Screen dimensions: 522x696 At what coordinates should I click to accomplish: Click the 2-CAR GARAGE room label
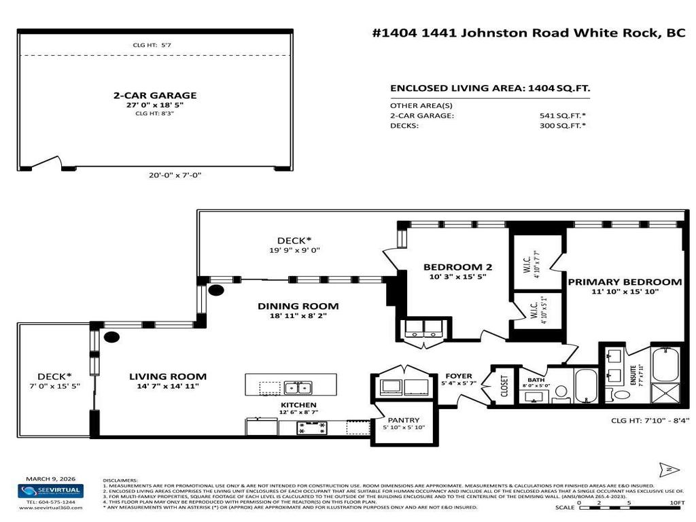pyautogui.click(x=154, y=96)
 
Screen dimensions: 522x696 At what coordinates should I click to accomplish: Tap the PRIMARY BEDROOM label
pyautogui.click(x=625, y=282)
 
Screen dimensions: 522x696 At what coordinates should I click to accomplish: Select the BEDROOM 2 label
pyautogui.click(x=457, y=267)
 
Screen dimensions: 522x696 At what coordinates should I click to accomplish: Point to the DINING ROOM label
pyautogui.click(x=298, y=307)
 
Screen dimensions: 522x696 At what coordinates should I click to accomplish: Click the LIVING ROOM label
pyautogui.click(x=168, y=377)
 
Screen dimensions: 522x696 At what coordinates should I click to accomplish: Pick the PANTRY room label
pyautogui.click(x=403, y=420)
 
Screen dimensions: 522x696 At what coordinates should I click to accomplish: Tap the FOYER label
pyautogui.click(x=459, y=377)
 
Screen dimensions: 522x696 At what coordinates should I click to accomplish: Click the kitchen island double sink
pyautogui.click(x=298, y=387)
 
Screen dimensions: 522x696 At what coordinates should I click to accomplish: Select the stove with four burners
pyautogui.click(x=312, y=428)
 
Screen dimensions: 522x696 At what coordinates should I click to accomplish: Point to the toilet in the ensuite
pyautogui.click(x=621, y=394)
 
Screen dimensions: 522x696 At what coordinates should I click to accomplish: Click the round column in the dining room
pyautogui.click(x=216, y=290)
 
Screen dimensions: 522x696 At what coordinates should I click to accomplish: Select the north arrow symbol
pyautogui.click(x=668, y=470)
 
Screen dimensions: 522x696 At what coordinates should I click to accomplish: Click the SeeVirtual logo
pyautogui.click(x=50, y=491)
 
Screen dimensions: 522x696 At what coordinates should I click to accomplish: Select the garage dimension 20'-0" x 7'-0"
pyautogui.click(x=175, y=175)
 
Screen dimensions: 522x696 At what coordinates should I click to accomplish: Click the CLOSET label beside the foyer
pyautogui.click(x=504, y=386)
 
